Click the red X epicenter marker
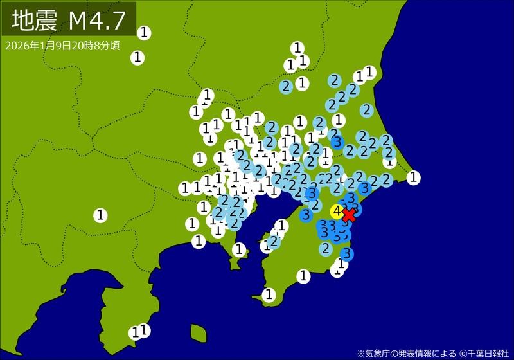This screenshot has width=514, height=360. tap(349, 214)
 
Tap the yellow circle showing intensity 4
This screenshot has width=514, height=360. tap(337, 211)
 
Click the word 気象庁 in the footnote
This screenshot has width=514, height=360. tap(379, 352)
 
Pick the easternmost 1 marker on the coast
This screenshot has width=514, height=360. tap(414, 177)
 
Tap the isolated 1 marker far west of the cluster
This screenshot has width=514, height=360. tap(101, 215)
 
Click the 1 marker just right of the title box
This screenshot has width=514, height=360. tap(145, 32)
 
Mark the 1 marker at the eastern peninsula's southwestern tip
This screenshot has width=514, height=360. tap(269, 294)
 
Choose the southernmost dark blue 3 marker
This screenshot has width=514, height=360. tap(346, 253)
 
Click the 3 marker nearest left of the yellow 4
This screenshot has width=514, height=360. tap(307, 213)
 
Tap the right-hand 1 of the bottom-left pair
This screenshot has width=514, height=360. tap(145, 330)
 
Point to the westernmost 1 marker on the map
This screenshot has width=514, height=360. tap(101, 215)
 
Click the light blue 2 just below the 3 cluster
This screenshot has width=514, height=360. tap(326, 248)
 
